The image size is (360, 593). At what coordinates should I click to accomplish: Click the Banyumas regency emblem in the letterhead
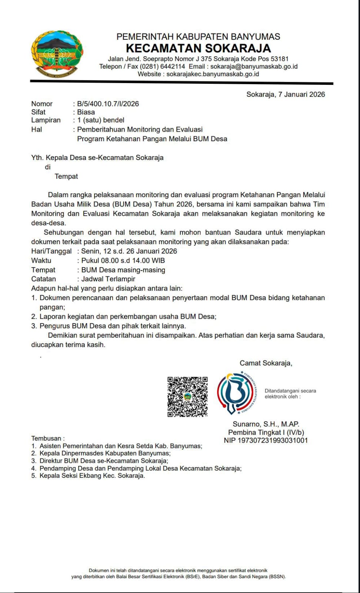tap(57, 54)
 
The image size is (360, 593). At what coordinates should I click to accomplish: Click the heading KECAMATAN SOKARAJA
tap(198, 48)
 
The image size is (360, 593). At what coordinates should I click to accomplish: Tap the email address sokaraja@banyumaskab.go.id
tap(254, 66)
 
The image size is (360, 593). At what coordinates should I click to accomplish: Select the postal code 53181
tap(279, 59)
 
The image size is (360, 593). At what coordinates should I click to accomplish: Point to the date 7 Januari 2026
tap(301, 94)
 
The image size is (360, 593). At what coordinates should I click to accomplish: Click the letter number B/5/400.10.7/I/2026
tap(108, 104)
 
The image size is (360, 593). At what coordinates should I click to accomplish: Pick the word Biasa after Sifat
tap(86, 112)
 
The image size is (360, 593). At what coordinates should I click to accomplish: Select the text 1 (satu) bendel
tap(101, 120)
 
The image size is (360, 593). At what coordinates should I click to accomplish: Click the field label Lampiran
tap(46, 120)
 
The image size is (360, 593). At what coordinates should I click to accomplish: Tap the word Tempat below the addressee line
tap(66, 176)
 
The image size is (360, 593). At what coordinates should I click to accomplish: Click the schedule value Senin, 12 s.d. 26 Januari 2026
tap(129, 251)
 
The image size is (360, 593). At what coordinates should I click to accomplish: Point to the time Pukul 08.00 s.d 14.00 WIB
tap(123, 261)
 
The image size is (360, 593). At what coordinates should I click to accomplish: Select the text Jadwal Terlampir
tap(108, 279)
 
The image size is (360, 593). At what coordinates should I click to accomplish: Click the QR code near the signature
tap(187, 397)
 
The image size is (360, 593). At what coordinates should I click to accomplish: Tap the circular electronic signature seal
tap(236, 393)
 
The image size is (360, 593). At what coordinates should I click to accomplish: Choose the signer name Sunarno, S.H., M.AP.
tap(266, 424)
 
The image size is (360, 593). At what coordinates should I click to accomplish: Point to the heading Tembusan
tap(47, 438)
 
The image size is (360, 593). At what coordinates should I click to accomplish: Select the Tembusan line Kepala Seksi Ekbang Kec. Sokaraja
tap(92, 476)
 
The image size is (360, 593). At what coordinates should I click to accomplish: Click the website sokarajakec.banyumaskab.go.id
tap(213, 74)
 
